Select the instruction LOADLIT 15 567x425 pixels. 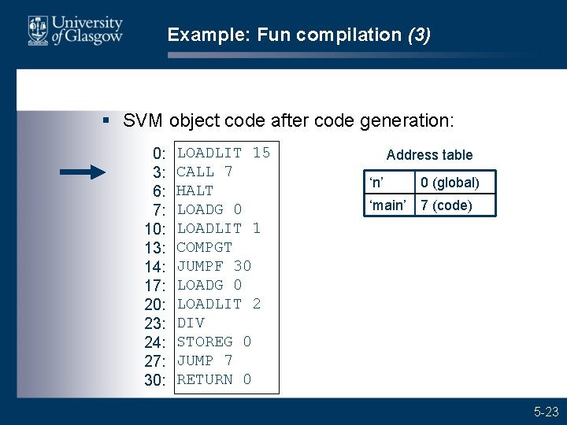tap(224, 153)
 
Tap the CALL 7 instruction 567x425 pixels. tap(205, 172)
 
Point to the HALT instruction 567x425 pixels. tap(195, 190)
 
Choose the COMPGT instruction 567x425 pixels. tap(205, 247)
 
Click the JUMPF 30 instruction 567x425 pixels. tap(214, 266)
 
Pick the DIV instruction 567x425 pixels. tap(191, 323)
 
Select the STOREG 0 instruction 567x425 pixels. tap(214, 342)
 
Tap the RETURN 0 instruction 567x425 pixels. tap(214, 379)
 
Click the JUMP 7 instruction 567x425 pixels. tap(205, 360)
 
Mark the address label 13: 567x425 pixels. tap(155, 248)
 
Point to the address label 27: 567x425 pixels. tap(155, 361)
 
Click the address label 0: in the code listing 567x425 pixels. tap(159, 153)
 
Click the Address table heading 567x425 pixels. tap(429, 155)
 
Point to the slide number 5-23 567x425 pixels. tap(546, 411)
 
